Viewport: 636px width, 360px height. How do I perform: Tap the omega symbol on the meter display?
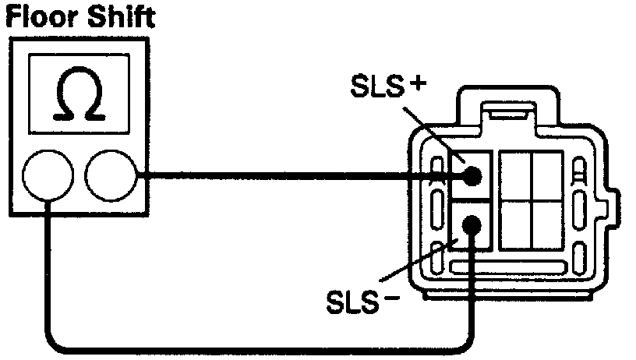tap(80, 99)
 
